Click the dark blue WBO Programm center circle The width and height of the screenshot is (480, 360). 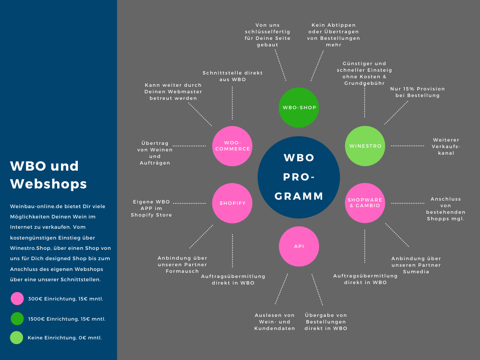click(x=299, y=177)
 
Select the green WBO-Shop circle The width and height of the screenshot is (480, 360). click(x=299, y=107)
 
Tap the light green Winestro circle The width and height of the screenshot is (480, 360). click(x=365, y=146)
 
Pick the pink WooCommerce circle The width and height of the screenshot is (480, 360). click(x=232, y=146)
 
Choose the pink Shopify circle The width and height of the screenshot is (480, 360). click(x=232, y=203)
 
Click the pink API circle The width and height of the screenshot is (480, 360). click(x=299, y=247)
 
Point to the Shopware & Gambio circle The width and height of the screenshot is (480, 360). click(x=365, y=203)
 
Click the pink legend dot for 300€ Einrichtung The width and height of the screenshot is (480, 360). click(x=17, y=299)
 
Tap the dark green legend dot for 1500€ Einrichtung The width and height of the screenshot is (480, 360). click(x=17, y=319)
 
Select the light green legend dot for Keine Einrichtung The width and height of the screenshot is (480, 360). click(x=17, y=337)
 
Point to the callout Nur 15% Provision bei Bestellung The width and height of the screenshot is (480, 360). click(x=417, y=92)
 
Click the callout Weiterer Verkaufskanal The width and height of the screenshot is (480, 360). click(x=446, y=146)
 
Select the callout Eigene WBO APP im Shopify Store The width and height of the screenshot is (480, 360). click(x=151, y=208)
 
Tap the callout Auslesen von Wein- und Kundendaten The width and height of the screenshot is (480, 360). click(x=275, y=322)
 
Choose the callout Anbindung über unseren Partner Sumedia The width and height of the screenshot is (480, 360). click(x=416, y=265)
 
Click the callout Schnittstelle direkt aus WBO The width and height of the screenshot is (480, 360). click(x=232, y=76)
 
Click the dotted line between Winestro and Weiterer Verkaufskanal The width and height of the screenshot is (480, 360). click(x=407, y=146)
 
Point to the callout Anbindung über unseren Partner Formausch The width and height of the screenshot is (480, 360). click(x=182, y=264)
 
